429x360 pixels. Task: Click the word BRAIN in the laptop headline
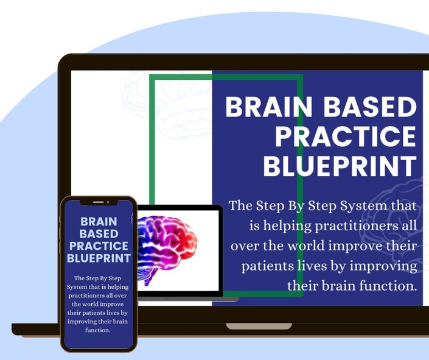(269, 107)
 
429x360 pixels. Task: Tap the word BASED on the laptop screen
(370, 107)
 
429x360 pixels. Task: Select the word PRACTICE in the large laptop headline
(346, 136)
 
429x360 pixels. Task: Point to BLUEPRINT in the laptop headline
(340, 166)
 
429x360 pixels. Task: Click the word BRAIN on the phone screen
(99, 222)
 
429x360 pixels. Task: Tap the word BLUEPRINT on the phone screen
(99, 258)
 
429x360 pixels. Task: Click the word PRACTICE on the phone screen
(99, 246)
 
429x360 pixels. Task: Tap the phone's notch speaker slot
(98, 202)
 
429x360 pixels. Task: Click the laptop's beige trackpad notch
(259, 326)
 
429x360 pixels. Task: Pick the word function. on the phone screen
(98, 330)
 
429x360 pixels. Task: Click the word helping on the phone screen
(118, 287)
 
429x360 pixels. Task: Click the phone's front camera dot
(108, 202)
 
